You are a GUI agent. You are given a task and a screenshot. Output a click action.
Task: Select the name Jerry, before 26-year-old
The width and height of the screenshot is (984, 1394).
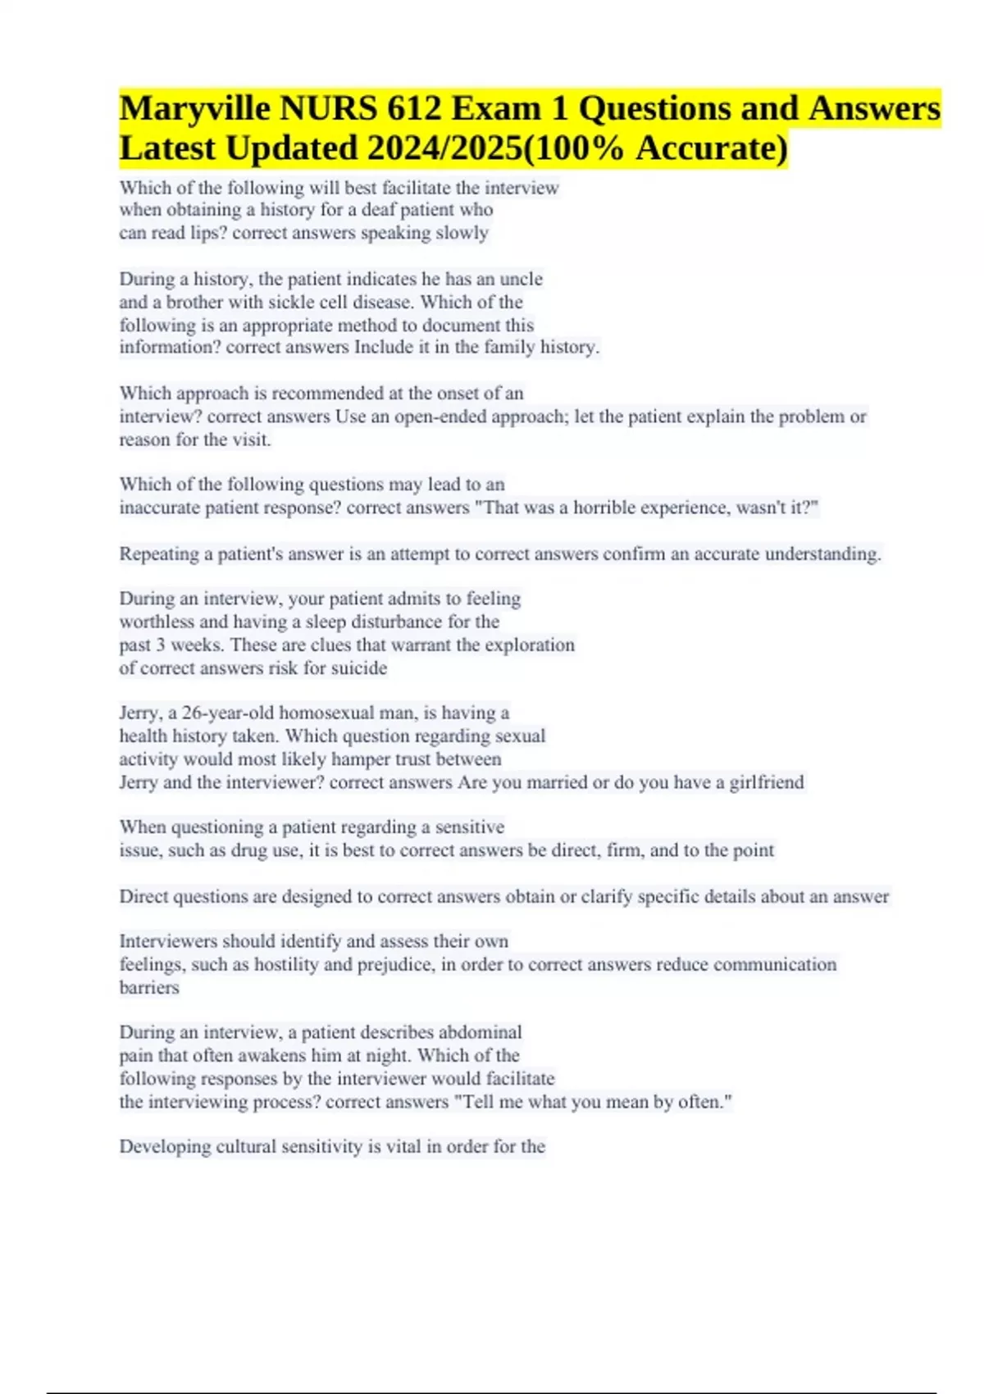click(x=140, y=713)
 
